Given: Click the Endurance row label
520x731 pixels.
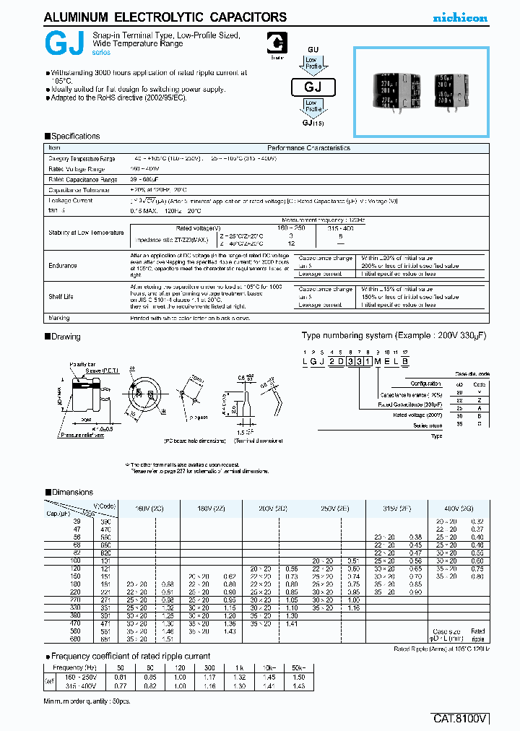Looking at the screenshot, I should click(63, 265).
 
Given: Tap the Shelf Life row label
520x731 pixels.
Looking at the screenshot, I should click(61, 296).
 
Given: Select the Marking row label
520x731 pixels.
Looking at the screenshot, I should click(59, 318).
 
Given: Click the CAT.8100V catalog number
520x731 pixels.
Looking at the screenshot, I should click(461, 719).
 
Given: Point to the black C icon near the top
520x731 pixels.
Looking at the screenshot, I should click(275, 44).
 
